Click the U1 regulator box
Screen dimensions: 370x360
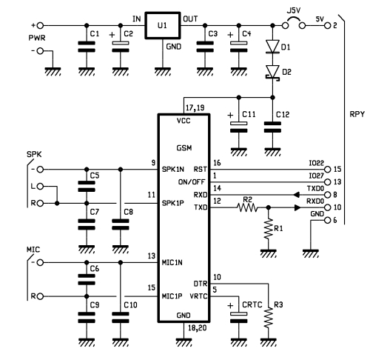point(163,25)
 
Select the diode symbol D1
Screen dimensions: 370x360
point(272,47)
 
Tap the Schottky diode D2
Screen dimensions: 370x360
point(272,73)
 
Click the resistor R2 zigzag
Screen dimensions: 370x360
point(247,207)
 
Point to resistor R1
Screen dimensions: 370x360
point(269,228)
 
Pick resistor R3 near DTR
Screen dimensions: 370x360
point(269,318)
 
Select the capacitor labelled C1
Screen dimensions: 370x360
point(87,47)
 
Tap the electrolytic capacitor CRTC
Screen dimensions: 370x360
point(238,317)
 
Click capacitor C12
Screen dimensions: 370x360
point(272,127)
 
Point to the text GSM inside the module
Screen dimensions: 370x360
point(184,148)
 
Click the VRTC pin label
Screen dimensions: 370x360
point(198,296)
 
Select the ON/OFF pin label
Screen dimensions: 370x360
point(192,182)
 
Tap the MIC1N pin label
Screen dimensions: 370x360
point(172,262)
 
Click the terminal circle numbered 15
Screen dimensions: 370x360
point(328,170)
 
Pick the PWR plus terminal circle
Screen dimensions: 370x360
point(41,25)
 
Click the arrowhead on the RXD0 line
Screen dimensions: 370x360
point(297,207)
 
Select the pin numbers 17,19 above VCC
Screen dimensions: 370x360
point(195,108)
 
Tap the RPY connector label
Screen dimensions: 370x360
point(357,114)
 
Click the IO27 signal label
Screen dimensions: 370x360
point(316,176)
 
